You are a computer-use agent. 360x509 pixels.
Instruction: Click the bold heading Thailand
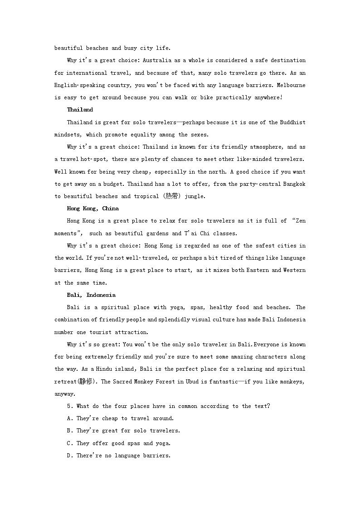[80, 110]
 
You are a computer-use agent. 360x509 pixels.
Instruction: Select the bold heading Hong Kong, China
[92, 208]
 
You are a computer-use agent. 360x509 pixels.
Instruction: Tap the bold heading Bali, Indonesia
[91, 295]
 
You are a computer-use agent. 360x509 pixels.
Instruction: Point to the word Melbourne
[291, 85]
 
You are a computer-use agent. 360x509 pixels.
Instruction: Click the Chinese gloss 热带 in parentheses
[171, 196]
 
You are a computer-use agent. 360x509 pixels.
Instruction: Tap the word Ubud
[197, 382]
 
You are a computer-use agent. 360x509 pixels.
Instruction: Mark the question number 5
[68, 406]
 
